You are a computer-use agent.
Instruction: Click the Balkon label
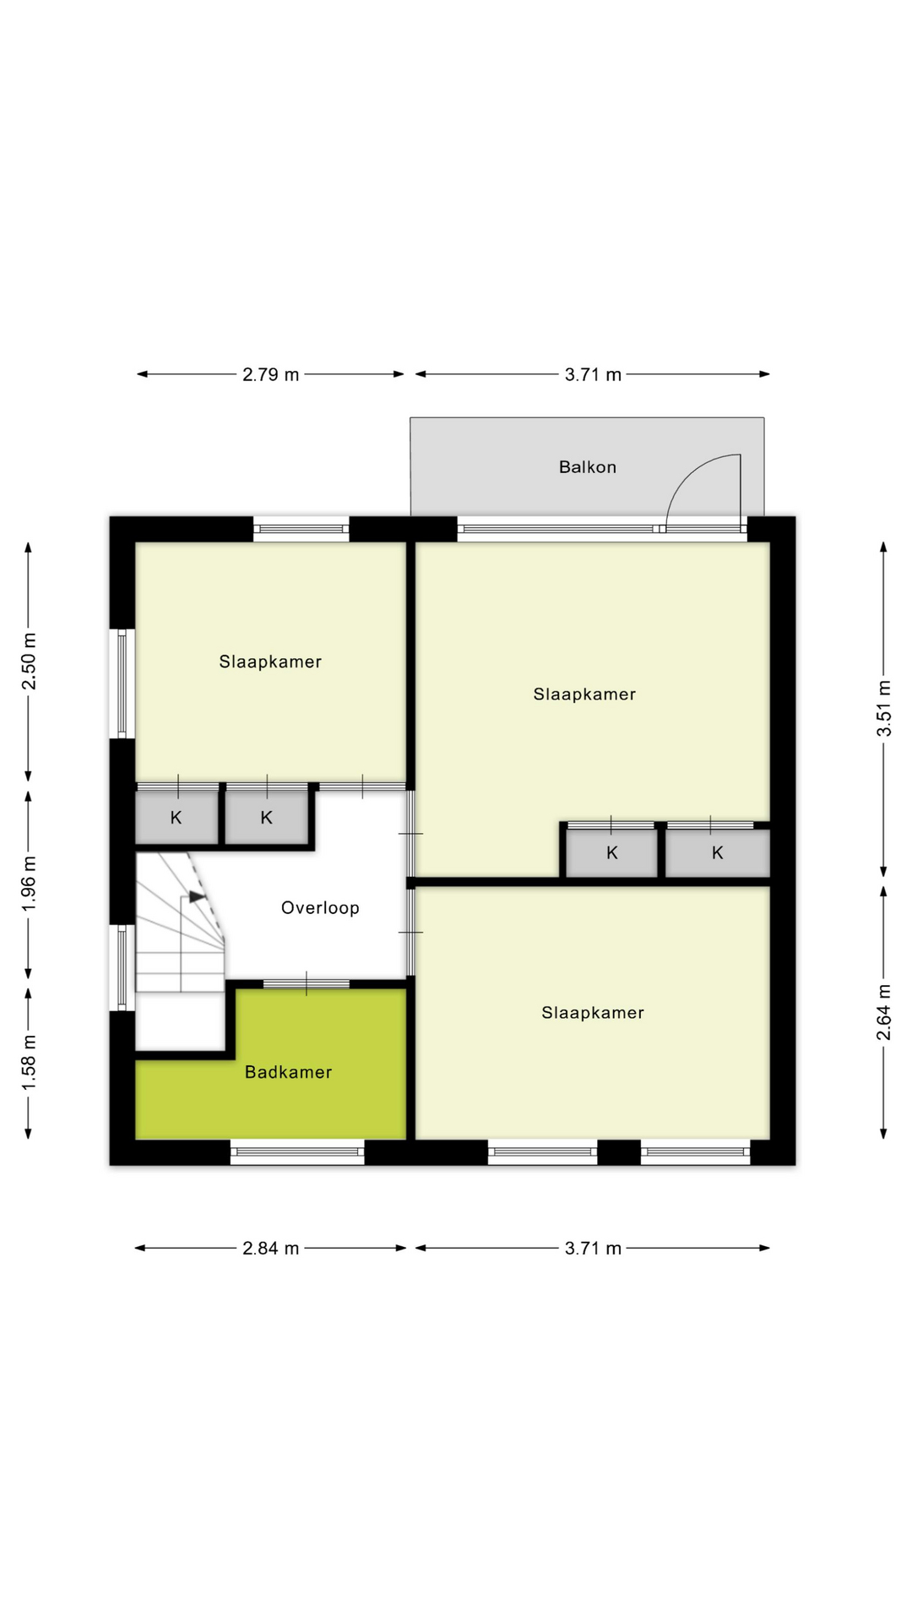coord(587,467)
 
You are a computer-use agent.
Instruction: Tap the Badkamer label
coord(288,1072)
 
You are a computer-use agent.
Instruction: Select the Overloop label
coord(320,908)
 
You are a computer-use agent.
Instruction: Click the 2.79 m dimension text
coord(270,374)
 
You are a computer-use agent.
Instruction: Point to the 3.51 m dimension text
coord(883,708)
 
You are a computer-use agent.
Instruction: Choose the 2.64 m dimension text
coord(883,1012)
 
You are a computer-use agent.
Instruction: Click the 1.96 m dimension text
coord(29,883)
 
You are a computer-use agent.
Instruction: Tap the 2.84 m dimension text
coord(270,1248)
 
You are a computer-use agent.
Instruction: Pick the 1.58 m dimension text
coord(29,1062)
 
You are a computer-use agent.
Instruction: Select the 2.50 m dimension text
coord(29,661)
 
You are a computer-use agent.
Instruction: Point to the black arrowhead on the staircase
coord(197,896)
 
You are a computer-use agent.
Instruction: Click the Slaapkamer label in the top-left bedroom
coord(270,661)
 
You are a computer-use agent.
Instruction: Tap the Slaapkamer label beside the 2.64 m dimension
coord(592,1012)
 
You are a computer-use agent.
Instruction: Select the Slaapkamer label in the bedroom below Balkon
coord(584,694)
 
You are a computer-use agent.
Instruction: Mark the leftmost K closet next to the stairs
coord(176,818)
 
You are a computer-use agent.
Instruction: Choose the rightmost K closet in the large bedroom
coord(717,853)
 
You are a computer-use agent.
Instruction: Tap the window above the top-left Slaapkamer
coord(301,530)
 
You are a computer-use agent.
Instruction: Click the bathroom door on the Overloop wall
coord(307,984)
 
